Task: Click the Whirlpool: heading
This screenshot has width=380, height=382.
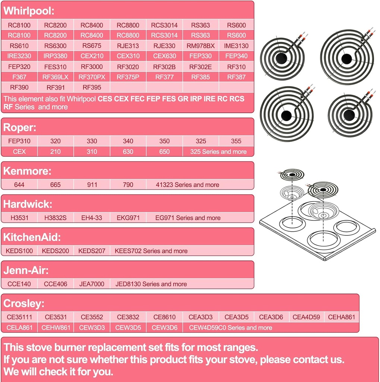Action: pyautogui.click(x=29, y=11)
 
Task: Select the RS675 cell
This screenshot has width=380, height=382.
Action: pyautogui.click(x=92, y=46)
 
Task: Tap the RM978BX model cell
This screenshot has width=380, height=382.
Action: pyautogui.click(x=201, y=46)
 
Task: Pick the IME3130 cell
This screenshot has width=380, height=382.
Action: pyautogui.click(x=236, y=46)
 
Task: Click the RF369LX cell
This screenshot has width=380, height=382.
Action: pyautogui.click(x=55, y=77)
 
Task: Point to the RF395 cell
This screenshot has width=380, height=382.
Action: pyautogui.click(x=92, y=88)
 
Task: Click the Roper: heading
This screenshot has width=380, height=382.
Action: pyautogui.click(x=20, y=128)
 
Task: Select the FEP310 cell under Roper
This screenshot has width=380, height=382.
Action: pyautogui.click(x=19, y=141)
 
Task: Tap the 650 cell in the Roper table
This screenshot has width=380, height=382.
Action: pyautogui.click(x=164, y=152)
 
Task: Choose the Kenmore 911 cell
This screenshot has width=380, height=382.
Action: pyautogui.click(x=92, y=185)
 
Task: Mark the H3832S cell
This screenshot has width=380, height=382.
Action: pyautogui.click(x=55, y=218)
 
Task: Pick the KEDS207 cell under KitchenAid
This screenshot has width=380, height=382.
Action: pyautogui.click(x=92, y=251)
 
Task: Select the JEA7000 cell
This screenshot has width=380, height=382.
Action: pyautogui.click(x=92, y=284)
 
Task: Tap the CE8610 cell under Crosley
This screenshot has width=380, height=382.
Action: pyautogui.click(x=164, y=317)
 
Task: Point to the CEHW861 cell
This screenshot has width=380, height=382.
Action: pyautogui.click(x=56, y=328)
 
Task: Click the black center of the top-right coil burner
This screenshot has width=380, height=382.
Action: pyautogui.click(x=346, y=59)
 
